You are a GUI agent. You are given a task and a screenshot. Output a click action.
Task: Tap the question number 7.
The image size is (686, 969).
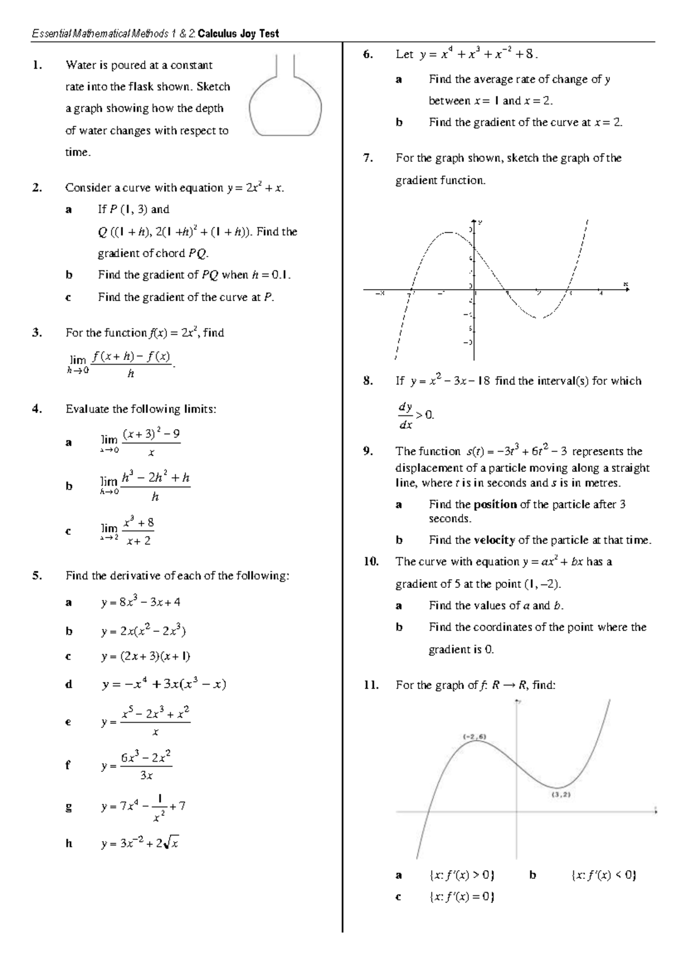click(x=368, y=158)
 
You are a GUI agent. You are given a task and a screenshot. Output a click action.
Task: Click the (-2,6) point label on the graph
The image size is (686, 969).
click(x=474, y=736)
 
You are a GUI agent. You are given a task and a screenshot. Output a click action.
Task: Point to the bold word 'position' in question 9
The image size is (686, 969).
click(x=495, y=504)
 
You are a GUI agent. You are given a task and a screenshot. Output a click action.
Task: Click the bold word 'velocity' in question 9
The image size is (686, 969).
click(x=494, y=540)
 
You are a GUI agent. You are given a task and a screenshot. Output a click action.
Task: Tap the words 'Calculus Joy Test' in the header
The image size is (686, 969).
click(x=238, y=34)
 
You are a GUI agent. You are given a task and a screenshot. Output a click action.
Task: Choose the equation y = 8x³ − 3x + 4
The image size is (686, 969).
click(x=141, y=602)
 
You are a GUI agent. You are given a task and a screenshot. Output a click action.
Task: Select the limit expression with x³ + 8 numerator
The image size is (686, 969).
click(x=127, y=531)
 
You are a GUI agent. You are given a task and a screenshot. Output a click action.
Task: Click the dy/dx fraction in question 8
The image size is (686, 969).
click(x=405, y=415)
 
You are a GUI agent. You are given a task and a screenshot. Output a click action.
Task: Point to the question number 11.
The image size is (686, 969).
click(x=371, y=684)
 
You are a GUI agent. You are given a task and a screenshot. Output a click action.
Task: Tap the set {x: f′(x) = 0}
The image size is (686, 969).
click(x=461, y=896)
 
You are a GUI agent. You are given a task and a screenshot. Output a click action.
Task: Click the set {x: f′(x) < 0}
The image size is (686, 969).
click(x=604, y=875)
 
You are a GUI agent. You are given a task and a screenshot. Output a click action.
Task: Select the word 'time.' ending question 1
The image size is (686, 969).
click(x=78, y=153)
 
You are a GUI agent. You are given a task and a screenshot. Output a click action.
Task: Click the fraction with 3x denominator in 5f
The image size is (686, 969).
click(x=146, y=765)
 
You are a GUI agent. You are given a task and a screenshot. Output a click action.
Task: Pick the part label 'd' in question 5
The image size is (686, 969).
click(x=69, y=684)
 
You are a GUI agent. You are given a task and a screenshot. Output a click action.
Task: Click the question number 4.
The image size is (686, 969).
click(x=37, y=409)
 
